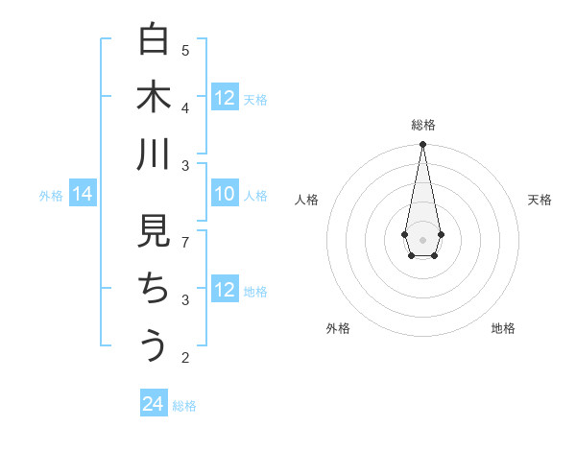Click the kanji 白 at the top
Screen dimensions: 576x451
(154, 40)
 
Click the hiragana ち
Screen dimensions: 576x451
(154, 289)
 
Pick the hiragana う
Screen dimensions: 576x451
(154, 345)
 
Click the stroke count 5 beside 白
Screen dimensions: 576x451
(185, 49)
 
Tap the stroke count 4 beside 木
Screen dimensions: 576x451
(185, 107)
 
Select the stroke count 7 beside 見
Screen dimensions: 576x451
(185, 241)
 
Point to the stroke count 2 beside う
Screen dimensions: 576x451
(185, 358)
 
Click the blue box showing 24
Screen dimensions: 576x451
(154, 404)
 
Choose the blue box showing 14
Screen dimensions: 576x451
(82, 195)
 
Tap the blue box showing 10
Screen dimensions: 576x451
(225, 195)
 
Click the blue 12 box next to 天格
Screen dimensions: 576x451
(225, 98)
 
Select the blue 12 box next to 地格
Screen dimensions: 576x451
(225, 290)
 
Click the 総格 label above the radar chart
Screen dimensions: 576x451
(422, 125)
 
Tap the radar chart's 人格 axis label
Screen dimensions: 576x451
(306, 200)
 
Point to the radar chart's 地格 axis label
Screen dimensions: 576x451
(503, 328)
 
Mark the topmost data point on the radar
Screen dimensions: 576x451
(422, 145)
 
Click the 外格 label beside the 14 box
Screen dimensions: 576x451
(51, 196)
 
